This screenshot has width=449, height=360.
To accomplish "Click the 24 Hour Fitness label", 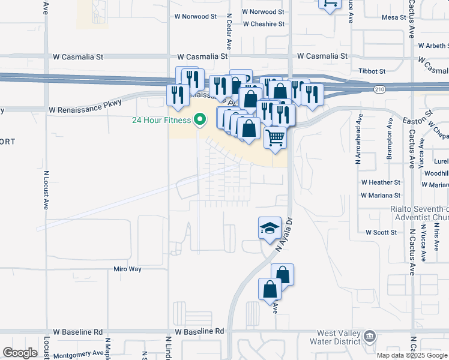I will [162, 120].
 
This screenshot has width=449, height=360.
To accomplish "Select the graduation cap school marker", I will [270, 228].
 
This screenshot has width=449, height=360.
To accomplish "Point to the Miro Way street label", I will [127, 269].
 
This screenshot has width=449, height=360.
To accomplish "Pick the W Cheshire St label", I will [264, 24].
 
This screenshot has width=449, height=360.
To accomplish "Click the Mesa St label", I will [394, 17].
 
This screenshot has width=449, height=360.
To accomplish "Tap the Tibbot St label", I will [372, 71].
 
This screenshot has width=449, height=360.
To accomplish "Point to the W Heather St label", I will [381, 182].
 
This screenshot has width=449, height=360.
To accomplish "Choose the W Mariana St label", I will [381, 195].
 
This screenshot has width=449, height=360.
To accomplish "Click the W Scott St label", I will [381, 232].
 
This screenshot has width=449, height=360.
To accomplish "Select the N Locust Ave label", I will [46, 190].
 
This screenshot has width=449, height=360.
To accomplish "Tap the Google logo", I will [20, 353].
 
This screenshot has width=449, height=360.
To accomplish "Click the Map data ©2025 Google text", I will [411, 355].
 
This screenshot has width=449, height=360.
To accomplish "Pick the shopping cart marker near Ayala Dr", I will [276, 138].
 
